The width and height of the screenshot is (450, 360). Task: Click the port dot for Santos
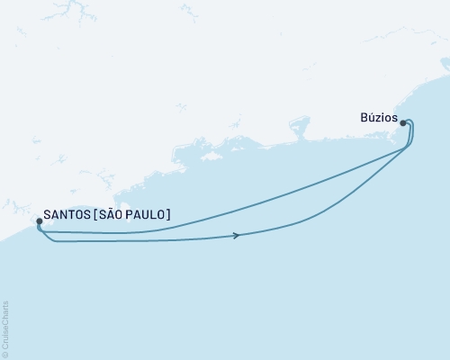point(38,220)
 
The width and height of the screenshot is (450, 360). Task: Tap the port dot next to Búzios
point(403,123)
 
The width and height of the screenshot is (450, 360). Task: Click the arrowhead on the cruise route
point(237,236)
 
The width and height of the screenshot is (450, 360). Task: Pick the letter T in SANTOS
point(76,214)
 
